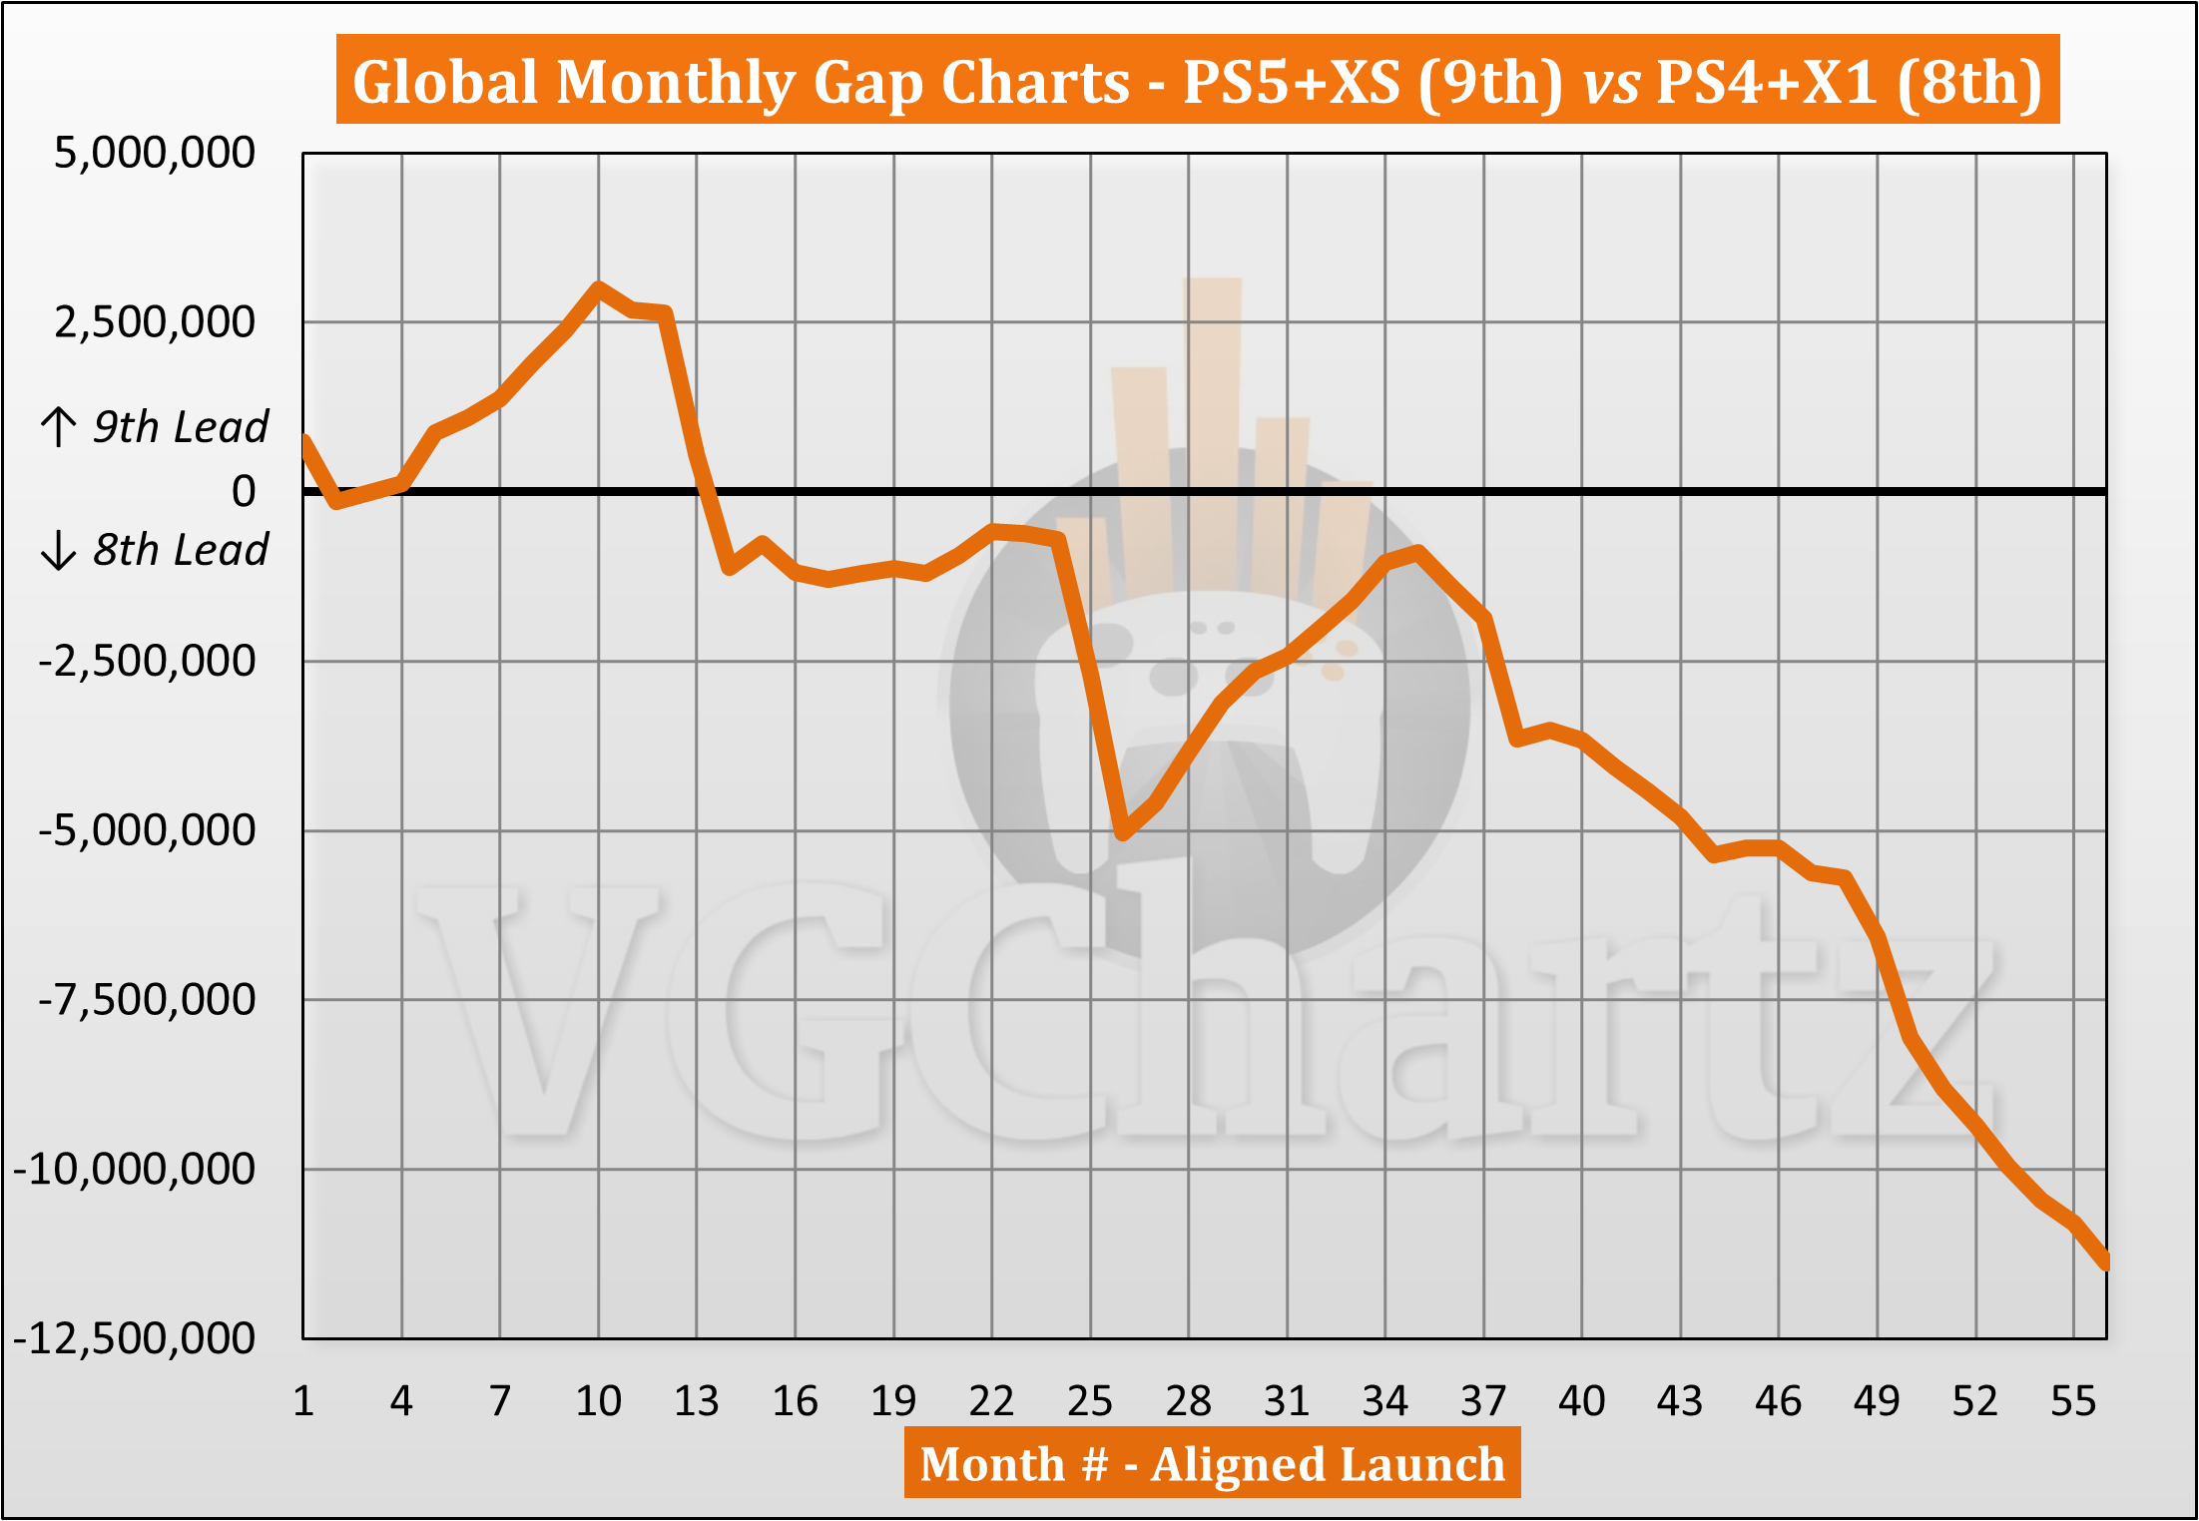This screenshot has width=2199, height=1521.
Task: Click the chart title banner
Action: [x=1198, y=80]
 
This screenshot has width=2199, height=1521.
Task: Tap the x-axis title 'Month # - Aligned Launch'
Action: [x=1212, y=1464]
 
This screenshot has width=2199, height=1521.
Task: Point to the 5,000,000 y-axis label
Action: [x=155, y=153]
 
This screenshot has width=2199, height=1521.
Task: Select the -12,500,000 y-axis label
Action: [x=134, y=1338]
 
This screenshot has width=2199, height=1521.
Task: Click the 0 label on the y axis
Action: [x=244, y=491]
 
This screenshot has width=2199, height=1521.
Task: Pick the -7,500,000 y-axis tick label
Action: [x=147, y=999]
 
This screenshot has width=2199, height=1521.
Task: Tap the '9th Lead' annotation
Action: [x=180, y=427]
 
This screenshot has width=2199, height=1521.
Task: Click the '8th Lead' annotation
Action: [x=180, y=550]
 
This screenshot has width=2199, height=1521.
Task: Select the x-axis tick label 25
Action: [x=1089, y=1401]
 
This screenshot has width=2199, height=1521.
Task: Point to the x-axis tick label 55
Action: [x=2073, y=1401]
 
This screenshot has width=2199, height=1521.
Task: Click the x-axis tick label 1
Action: [x=303, y=1401]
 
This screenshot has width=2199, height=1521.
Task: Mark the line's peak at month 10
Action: [x=598, y=288]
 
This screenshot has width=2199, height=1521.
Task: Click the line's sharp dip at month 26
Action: [x=1123, y=832]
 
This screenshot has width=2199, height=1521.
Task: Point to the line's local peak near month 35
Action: [x=1417, y=551]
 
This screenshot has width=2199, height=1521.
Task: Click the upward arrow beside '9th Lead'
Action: [x=59, y=426]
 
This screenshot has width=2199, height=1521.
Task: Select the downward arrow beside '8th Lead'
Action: [x=59, y=550]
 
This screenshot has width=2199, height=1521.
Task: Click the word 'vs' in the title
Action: [x=1610, y=82]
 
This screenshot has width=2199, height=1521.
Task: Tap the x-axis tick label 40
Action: [x=1581, y=1401]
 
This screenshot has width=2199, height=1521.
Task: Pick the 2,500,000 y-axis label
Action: [x=155, y=322]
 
